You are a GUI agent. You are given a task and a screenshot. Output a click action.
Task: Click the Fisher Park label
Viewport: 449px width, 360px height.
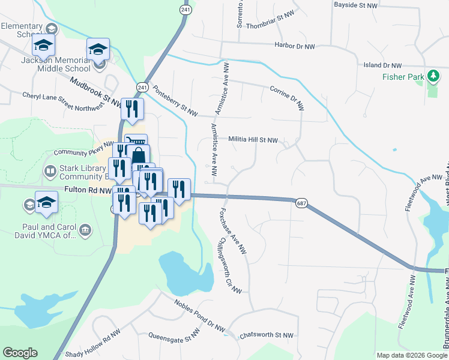coord(403,77)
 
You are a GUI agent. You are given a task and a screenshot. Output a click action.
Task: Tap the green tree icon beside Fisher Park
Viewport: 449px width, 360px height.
coord(432,76)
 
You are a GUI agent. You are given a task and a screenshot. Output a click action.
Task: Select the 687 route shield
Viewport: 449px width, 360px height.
coord(301,204)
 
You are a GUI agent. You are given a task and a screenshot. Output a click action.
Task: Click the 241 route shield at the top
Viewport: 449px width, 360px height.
coord(185,10)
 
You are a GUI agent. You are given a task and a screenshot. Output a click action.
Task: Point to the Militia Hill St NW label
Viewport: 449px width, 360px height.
coord(253,140)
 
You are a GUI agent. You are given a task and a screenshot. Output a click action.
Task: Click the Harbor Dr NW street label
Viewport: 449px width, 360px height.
coord(294,46)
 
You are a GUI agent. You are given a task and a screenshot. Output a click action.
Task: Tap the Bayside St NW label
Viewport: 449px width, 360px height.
coord(356,5)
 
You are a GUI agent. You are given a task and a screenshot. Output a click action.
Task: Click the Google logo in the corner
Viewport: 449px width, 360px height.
coord(20,353)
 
